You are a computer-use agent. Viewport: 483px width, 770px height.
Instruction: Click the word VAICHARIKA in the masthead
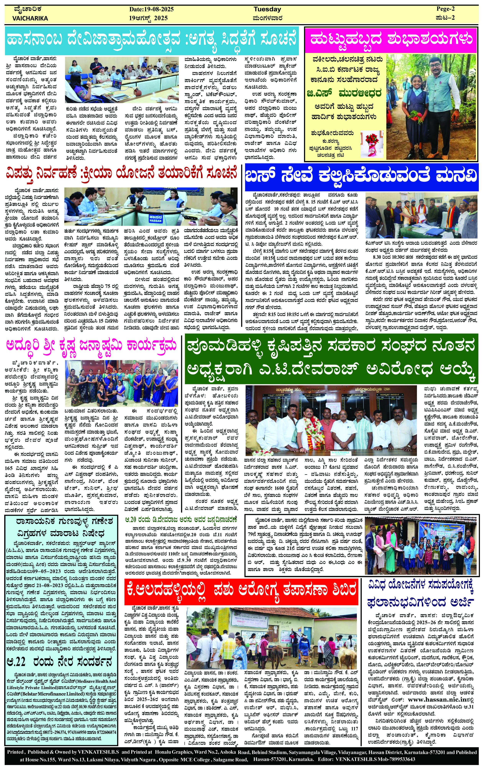(30, 18)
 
